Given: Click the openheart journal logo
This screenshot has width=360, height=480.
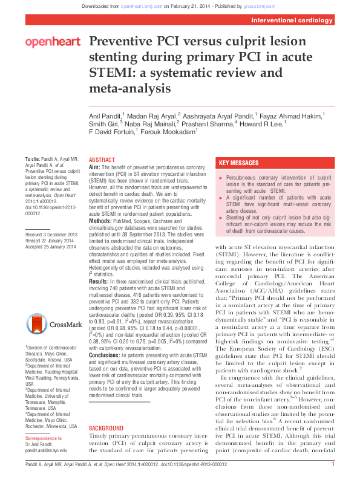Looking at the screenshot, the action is click(x=53, y=42).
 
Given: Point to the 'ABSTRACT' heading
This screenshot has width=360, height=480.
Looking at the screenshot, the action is click(x=102, y=159).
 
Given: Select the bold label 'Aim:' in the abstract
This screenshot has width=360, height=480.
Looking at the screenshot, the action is click(x=94, y=166).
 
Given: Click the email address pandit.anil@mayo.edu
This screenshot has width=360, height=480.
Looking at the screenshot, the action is click(x=46, y=450).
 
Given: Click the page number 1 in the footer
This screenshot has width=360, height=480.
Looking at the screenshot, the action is click(x=333, y=464).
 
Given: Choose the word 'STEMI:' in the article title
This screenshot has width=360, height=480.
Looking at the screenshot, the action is click(x=115, y=74).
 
